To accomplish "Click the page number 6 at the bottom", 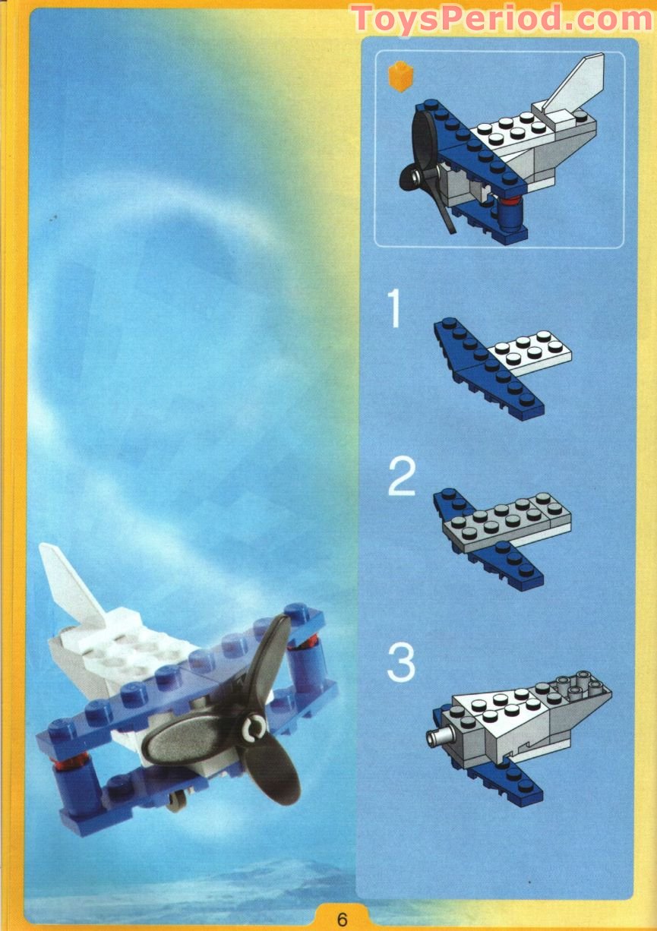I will point(342,917).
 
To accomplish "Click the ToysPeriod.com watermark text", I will point(501,18).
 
